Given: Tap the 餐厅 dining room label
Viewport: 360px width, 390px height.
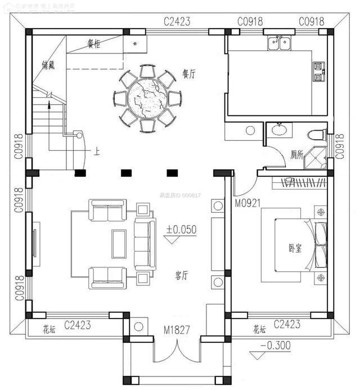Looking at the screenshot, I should pyautogui.click(x=188, y=73).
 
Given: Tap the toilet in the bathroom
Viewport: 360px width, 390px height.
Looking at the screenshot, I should pyautogui.click(x=317, y=135).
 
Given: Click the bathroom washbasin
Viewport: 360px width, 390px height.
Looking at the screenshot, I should pyautogui.click(x=278, y=131).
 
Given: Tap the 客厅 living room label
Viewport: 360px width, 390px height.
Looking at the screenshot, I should pyautogui.click(x=181, y=276).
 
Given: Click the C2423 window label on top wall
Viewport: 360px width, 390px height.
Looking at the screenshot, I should pyautogui.click(x=177, y=21).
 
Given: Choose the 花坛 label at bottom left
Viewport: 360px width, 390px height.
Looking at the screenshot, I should pyautogui.click(x=49, y=329).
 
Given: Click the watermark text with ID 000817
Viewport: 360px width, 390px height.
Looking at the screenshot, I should pyautogui.click(x=181, y=195).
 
